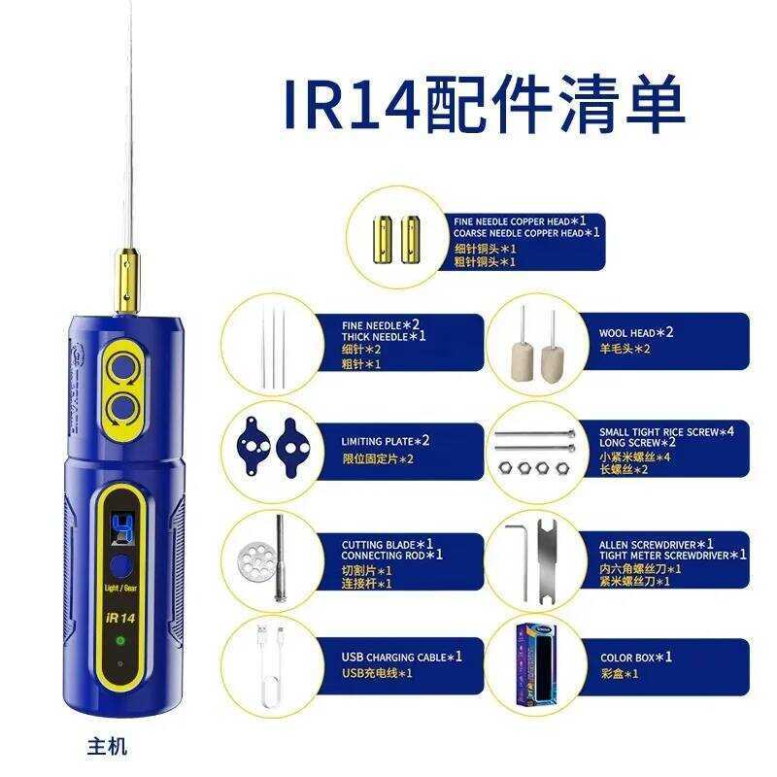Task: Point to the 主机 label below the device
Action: click(107, 747)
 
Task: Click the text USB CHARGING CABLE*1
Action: click(401, 657)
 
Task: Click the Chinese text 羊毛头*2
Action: click(625, 349)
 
